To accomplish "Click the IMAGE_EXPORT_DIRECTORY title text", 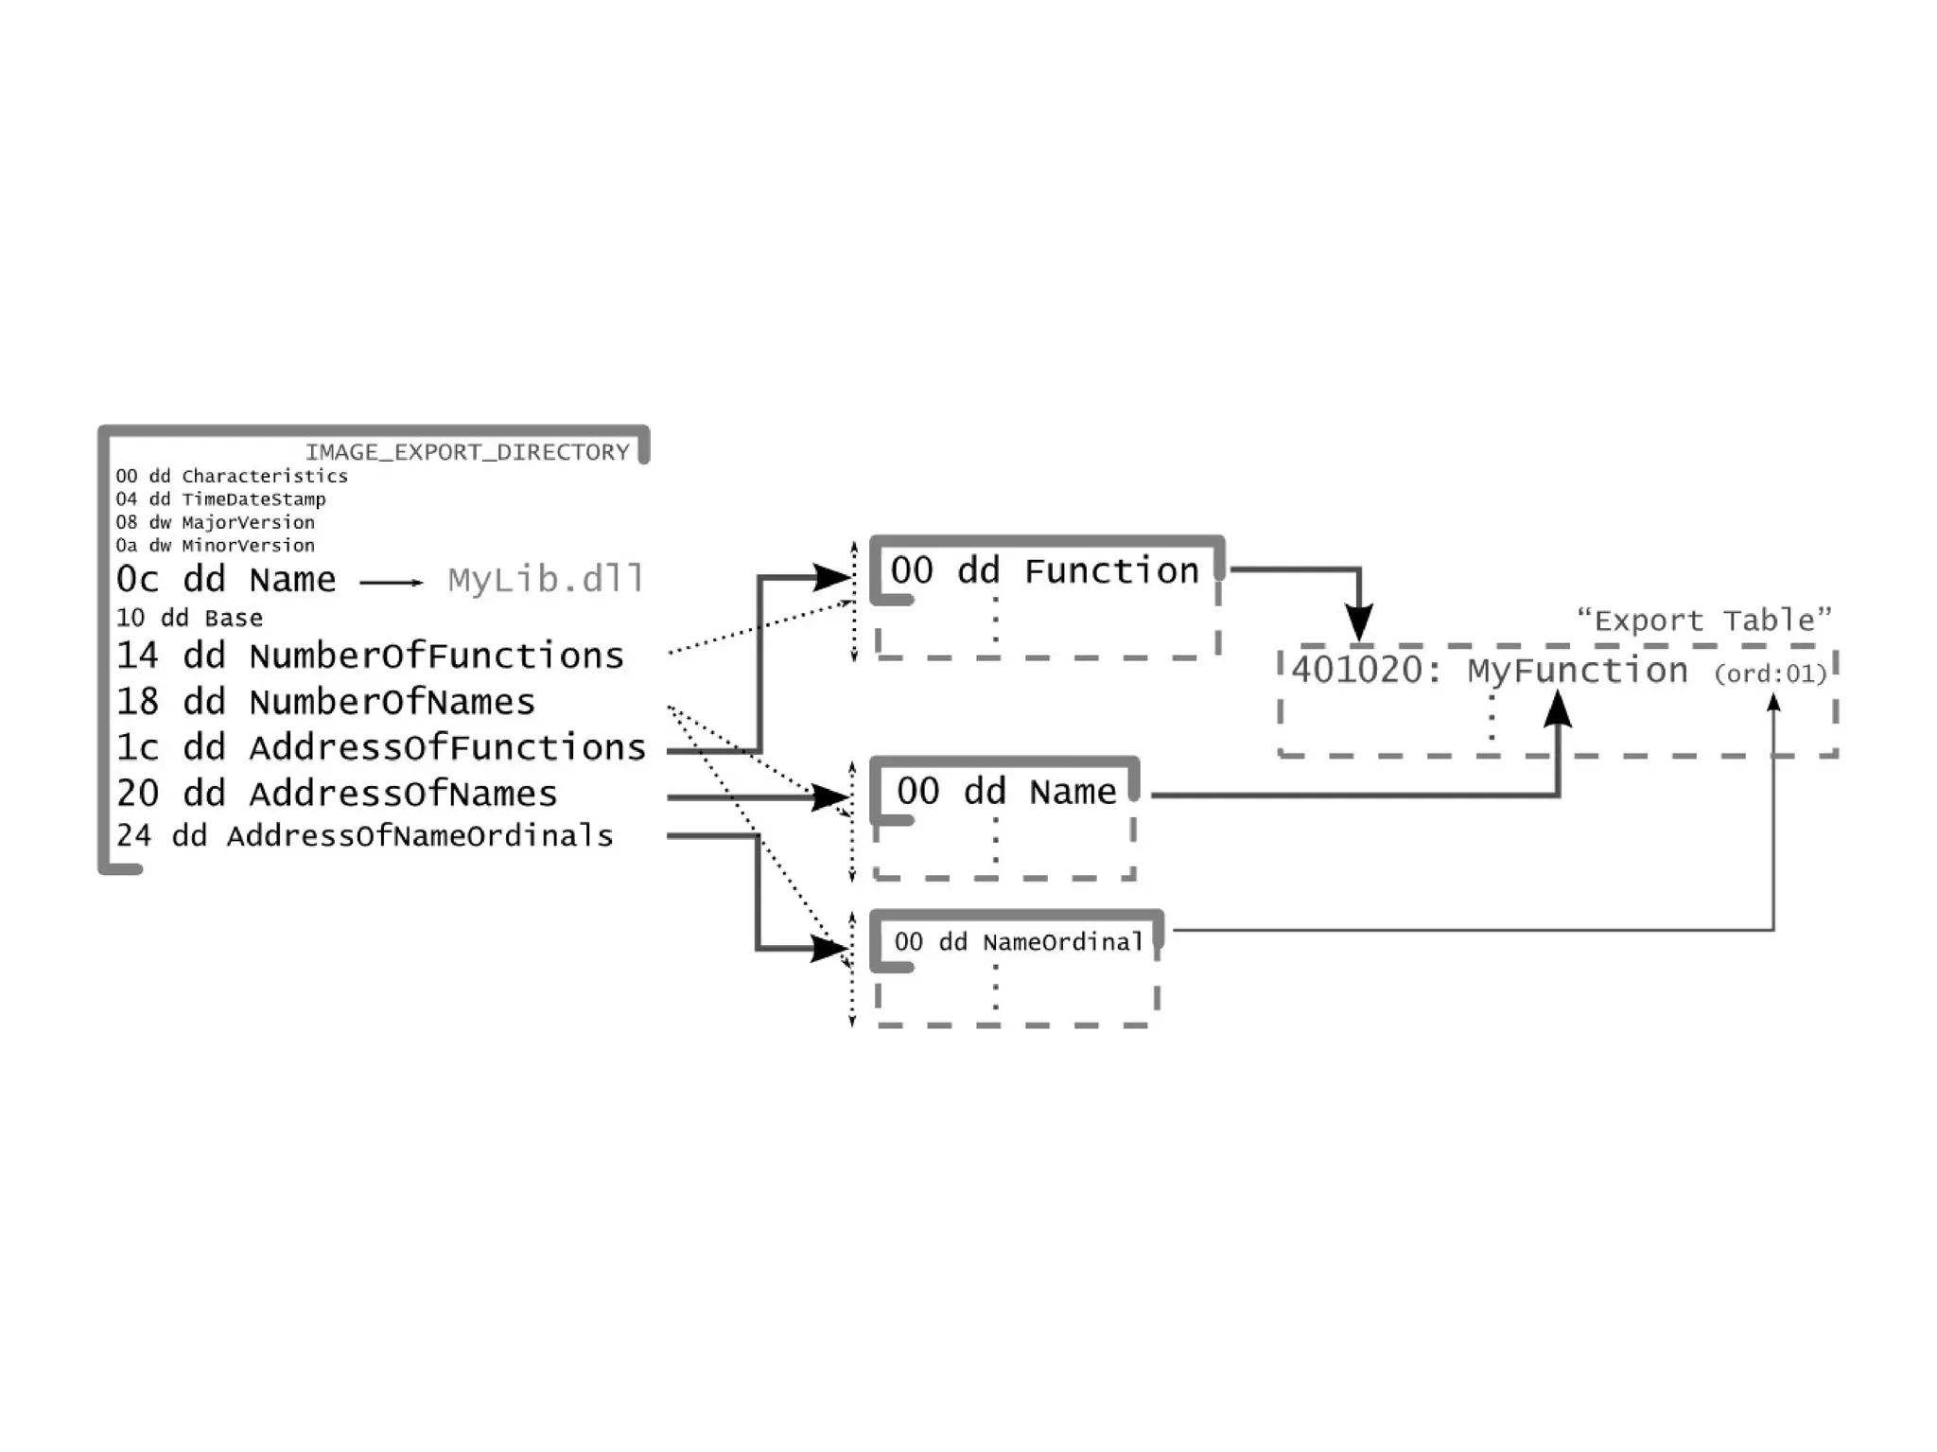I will pos(467,452).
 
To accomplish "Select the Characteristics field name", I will pos(265,476).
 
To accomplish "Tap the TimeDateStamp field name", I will pos(253,499).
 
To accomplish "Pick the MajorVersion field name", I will pos(248,522).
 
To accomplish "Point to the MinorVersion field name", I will pos(248,546).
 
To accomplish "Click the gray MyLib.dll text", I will pos(546,579).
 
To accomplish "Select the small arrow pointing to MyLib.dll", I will pos(392,582).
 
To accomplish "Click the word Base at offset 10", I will pos(234,619).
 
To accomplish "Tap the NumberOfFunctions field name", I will pos(436,656).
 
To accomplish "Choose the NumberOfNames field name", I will pos(392,702).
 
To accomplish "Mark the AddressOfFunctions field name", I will pos(447,747).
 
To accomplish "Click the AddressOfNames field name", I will pos(403,794).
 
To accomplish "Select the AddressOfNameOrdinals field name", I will pos(420,836).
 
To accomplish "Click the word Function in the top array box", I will pos(1111,571).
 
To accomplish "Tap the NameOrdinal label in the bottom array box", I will pos(1063,942).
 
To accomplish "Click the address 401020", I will pos(1356,671).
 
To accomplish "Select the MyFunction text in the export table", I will pos(1577,671).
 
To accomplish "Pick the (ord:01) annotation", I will pos(1771,674).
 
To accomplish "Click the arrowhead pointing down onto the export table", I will pos(1359,624).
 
